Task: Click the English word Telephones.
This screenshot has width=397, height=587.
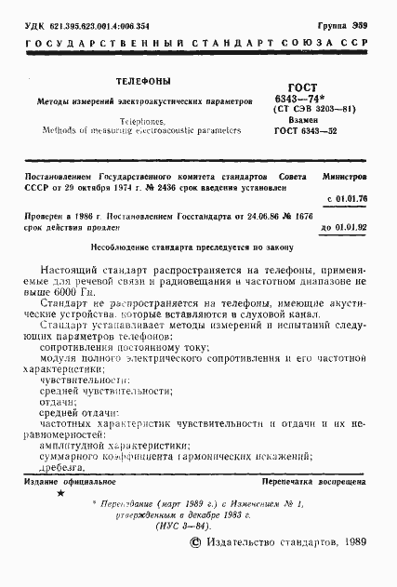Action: point(141,121)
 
